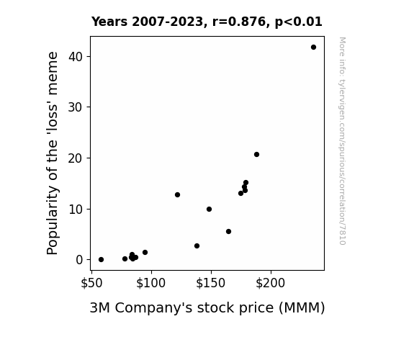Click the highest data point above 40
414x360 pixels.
pos(313,48)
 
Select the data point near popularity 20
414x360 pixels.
pos(256,155)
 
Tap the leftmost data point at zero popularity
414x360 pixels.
pos(101,260)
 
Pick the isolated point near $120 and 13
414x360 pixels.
pos(177,194)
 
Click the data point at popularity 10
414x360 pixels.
pos(209,210)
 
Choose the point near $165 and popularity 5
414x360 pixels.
pos(229,231)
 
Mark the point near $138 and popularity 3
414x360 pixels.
pos(197,246)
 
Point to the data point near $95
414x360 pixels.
pos(145,252)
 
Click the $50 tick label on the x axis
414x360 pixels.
pos(91,283)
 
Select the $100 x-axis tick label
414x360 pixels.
pos(150,283)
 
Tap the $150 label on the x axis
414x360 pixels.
pos(210,283)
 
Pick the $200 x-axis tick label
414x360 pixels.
pos(271,283)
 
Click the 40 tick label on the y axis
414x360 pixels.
pos(76,57)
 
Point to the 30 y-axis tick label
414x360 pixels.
pos(76,107)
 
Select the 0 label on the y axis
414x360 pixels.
pos(79,260)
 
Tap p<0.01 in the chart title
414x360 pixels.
pos(299,22)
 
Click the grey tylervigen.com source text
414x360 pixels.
pos(342,141)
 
